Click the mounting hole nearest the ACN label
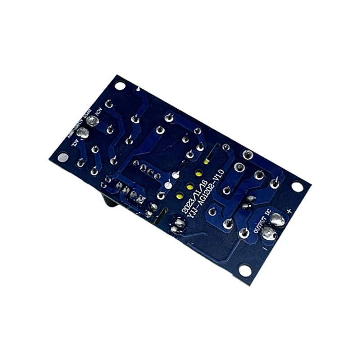120,85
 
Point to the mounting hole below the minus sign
245,270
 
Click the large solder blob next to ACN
93,121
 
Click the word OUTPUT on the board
261,224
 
